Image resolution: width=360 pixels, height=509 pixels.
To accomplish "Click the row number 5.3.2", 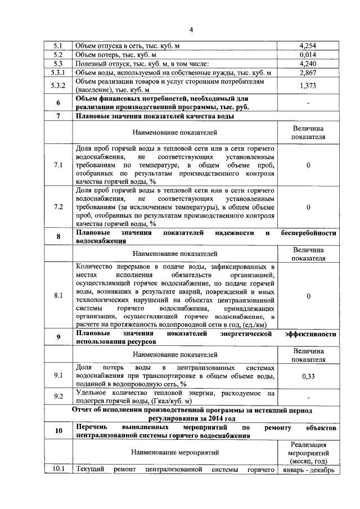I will point(58,85).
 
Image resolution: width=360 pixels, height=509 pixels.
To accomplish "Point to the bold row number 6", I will point(58,103).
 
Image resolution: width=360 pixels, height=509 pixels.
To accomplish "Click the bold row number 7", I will point(58,116).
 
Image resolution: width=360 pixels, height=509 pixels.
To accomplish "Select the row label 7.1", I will point(58,165).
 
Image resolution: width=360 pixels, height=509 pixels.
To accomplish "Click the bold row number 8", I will point(58,237).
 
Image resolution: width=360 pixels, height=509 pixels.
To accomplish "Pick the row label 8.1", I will point(58,296).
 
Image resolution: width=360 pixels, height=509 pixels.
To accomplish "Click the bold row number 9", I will point(58,337).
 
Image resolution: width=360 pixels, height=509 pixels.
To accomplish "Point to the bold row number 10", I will point(58,431).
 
